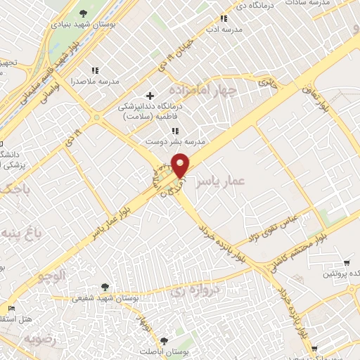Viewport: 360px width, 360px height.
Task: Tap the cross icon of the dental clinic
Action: tap(149, 95)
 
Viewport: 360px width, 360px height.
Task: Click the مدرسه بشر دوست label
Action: tap(174, 141)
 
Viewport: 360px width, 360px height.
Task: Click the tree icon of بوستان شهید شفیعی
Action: tap(105, 286)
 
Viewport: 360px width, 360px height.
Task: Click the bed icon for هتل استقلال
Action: tap(10, 308)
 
